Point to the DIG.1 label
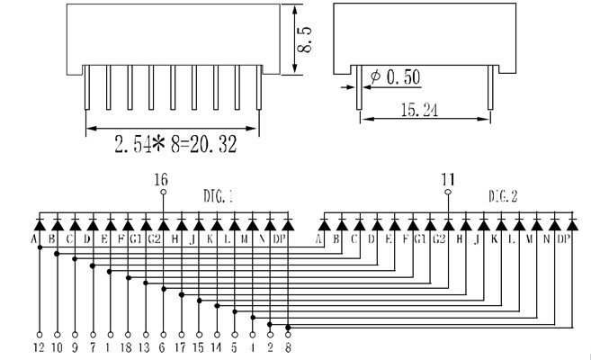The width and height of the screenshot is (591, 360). [x=219, y=194]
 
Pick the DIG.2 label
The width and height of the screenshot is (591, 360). [x=504, y=194]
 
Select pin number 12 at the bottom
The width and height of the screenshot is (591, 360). [x=39, y=345]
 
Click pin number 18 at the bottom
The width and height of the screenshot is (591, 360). [x=127, y=345]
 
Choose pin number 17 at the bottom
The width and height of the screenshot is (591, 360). [x=180, y=345]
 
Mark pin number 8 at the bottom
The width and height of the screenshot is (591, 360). [x=288, y=345]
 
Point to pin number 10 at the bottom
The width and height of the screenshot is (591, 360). [x=58, y=345]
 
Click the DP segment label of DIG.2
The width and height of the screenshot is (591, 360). [x=564, y=239]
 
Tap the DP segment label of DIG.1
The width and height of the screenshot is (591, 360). [x=280, y=239]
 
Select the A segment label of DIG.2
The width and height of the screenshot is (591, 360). [x=318, y=239]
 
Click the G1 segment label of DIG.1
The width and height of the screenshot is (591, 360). [x=134, y=239]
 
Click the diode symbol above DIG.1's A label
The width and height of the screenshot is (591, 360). [x=39, y=222]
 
